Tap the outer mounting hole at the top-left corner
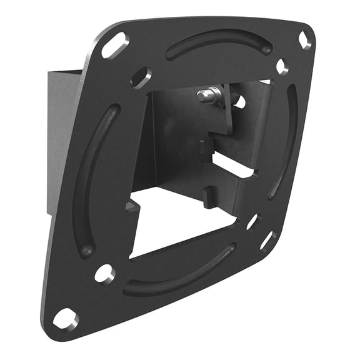[113, 46]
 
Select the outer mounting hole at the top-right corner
[304, 40]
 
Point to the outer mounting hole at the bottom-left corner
[66, 318]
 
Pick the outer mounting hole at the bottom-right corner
[267, 241]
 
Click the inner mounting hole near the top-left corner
[141, 77]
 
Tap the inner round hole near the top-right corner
[281, 66]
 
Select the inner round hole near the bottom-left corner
[104, 274]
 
